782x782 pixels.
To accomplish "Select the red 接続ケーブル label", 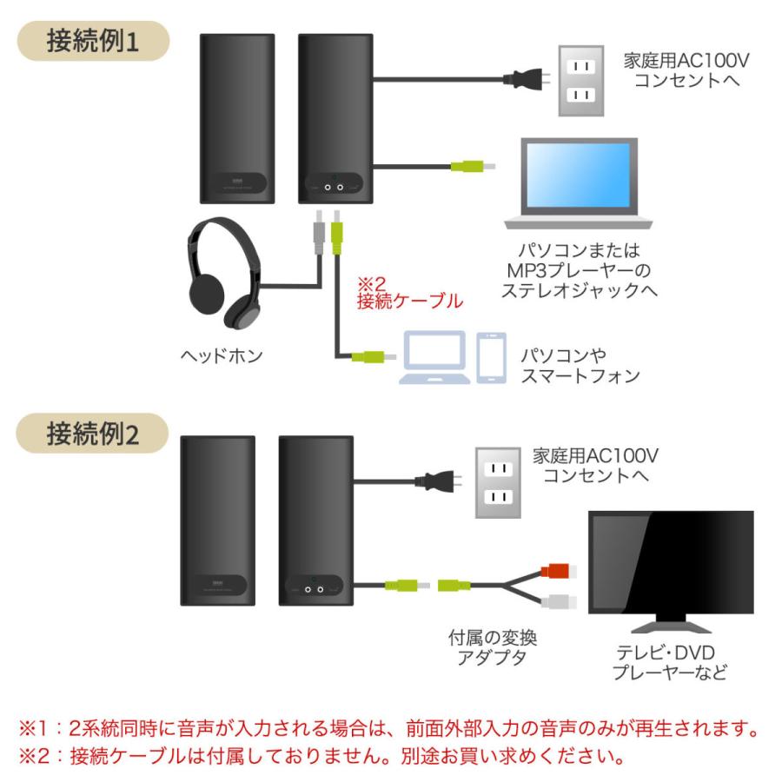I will tap(408, 302).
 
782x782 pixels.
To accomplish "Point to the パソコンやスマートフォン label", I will tap(579, 366).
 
